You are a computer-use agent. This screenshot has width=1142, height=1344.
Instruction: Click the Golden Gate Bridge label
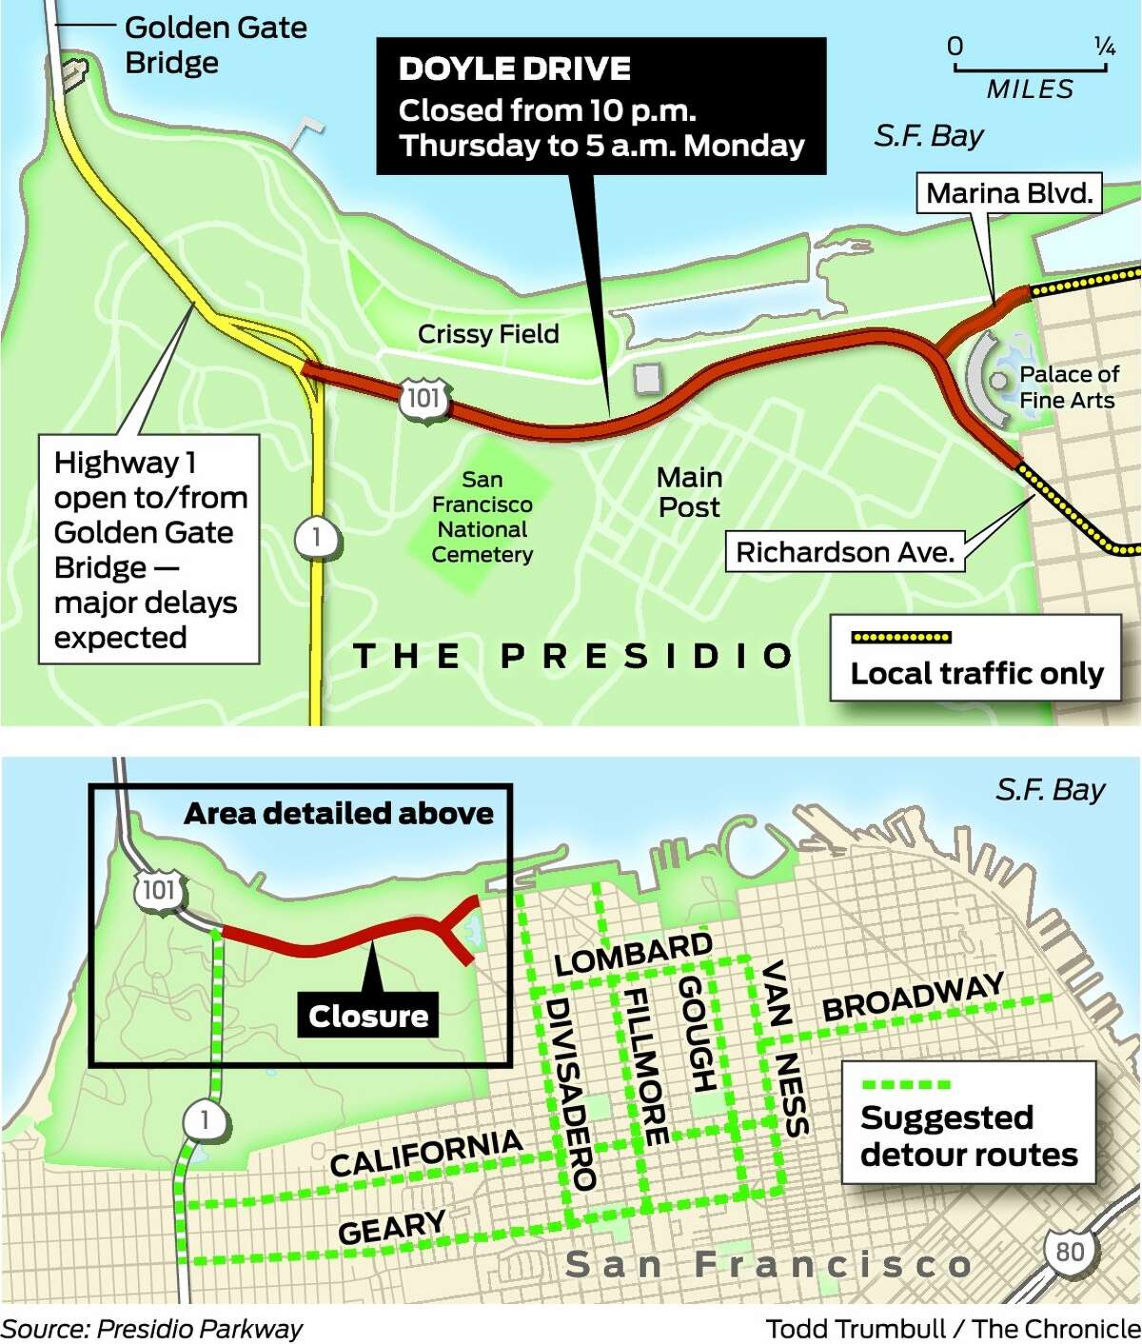pyautogui.click(x=215, y=45)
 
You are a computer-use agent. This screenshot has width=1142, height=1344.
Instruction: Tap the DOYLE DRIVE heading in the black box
pyautogui.click(x=514, y=69)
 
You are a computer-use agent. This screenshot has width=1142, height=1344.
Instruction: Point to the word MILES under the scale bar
pyautogui.click(x=1030, y=89)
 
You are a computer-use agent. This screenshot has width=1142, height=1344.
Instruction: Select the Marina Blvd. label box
pyautogui.click(x=1009, y=194)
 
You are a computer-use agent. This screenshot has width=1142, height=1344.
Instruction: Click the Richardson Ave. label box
pyautogui.click(x=845, y=552)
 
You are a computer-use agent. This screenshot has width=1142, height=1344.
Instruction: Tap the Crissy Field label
pyautogui.click(x=488, y=334)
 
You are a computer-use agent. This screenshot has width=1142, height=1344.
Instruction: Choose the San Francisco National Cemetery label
pyautogui.click(x=482, y=517)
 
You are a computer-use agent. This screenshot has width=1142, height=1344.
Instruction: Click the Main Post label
pyautogui.click(x=689, y=492)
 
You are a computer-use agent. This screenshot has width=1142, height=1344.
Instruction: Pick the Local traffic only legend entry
pyautogui.click(x=975, y=659)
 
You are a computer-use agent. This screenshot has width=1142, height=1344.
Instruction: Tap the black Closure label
pyautogui.click(x=368, y=1016)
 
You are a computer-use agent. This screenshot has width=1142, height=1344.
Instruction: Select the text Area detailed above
pyautogui.click(x=339, y=814)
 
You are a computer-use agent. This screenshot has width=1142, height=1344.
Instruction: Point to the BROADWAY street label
pyautogui.click(x=912, y=996)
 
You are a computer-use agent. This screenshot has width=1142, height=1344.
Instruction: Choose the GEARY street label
pyautogui.click(x=391, y=1227)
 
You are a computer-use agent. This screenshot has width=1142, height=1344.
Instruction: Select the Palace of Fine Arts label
pyautogui.click(x=1068, y=387)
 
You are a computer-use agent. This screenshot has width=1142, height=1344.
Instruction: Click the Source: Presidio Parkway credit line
pyautogui.click(x=151, y=1329)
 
